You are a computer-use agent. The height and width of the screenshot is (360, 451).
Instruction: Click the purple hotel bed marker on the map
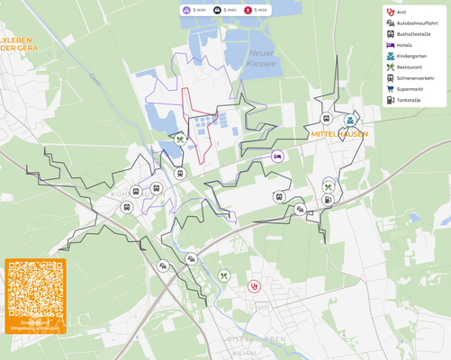click(278, 156)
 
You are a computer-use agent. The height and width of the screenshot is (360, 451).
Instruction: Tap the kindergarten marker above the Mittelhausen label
click(349, 119)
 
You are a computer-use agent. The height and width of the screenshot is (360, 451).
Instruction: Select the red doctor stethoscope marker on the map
click(255, 286)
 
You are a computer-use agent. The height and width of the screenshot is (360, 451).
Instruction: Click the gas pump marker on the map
click(329, 200)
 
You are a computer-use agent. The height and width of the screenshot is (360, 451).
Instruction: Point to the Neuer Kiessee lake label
click(261, 58)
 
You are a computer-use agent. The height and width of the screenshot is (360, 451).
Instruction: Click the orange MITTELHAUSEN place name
click(339, 134)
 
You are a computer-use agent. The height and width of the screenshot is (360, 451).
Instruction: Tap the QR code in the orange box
click(36, 290)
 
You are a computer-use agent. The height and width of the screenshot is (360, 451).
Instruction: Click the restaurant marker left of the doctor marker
click(224, 275)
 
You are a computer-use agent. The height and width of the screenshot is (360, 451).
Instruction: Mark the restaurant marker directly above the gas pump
click(329, 186)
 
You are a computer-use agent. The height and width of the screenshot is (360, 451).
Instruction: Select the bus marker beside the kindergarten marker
click(327, 119)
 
